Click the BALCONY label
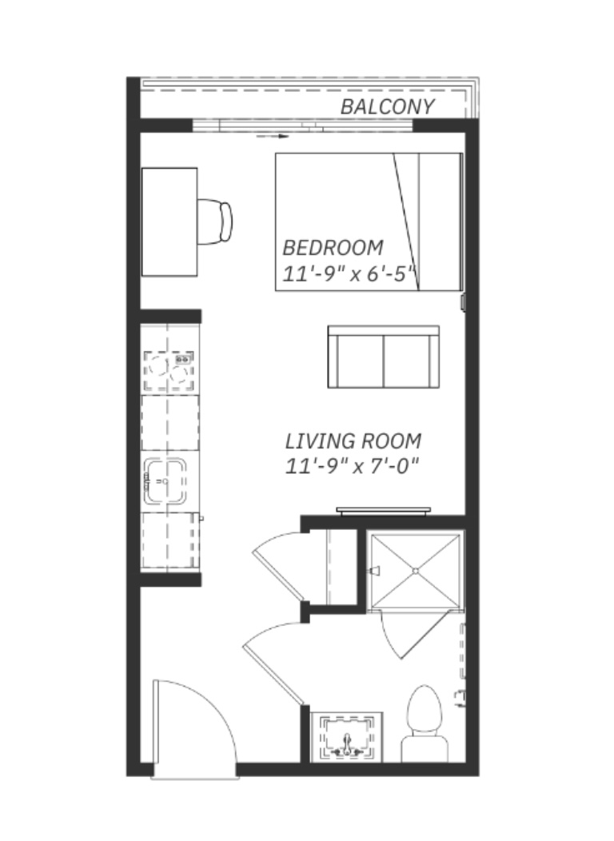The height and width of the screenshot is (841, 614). [387, 107]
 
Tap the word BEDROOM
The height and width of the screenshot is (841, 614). [333, 248]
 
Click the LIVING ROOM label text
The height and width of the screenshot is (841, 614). [353, 441]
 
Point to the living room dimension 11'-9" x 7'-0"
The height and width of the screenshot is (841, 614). [351, 466]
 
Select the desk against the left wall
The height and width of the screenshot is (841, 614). [169, 222]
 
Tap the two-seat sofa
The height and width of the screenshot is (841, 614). [384, 357]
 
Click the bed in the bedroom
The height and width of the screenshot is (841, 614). [369, 222]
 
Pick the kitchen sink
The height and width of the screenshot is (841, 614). [165, 480]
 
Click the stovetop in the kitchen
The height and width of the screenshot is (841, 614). [169, 370]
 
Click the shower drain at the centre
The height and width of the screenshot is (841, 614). [416, 571]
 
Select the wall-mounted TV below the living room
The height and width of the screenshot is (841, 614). [384, 510]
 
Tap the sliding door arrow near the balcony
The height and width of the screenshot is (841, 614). [273, 136]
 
